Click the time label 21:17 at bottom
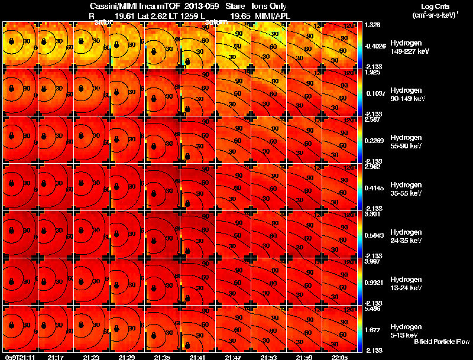[56, 357]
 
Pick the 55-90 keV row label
[406, 146]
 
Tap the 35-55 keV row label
[406, 193]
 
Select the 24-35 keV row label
[406, 241]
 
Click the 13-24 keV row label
[406, 288]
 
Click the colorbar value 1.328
[372, 24]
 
